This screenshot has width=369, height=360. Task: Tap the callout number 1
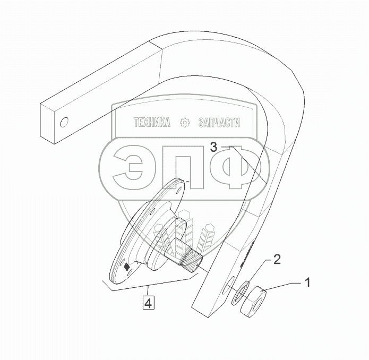point(306,282)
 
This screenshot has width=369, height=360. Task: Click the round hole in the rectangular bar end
point(64,123)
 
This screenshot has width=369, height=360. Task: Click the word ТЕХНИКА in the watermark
point(152,123)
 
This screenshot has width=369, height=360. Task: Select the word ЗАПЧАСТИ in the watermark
point(218,123)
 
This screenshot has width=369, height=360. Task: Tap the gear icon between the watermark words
point(185,123)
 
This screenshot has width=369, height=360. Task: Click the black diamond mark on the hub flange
point(126,268)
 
